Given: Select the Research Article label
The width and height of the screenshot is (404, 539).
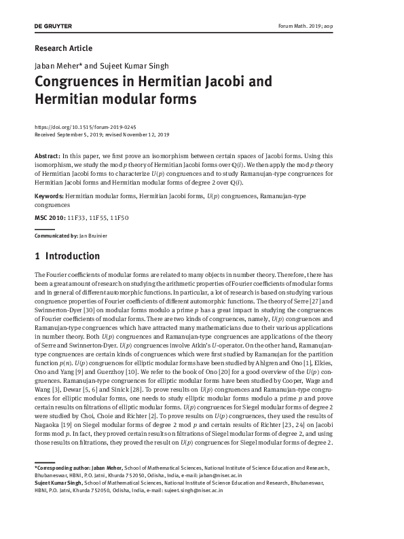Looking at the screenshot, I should (x=63, y=48).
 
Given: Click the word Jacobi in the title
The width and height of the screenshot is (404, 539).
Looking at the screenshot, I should (x=231, y=83).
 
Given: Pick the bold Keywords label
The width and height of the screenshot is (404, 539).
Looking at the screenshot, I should (x=49, y=196).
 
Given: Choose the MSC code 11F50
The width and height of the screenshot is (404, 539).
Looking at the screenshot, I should (x=119, y=217).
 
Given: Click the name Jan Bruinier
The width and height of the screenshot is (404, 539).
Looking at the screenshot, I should (x=92, y=235).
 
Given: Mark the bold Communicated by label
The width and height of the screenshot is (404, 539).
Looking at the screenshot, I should (x=56, y=235).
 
